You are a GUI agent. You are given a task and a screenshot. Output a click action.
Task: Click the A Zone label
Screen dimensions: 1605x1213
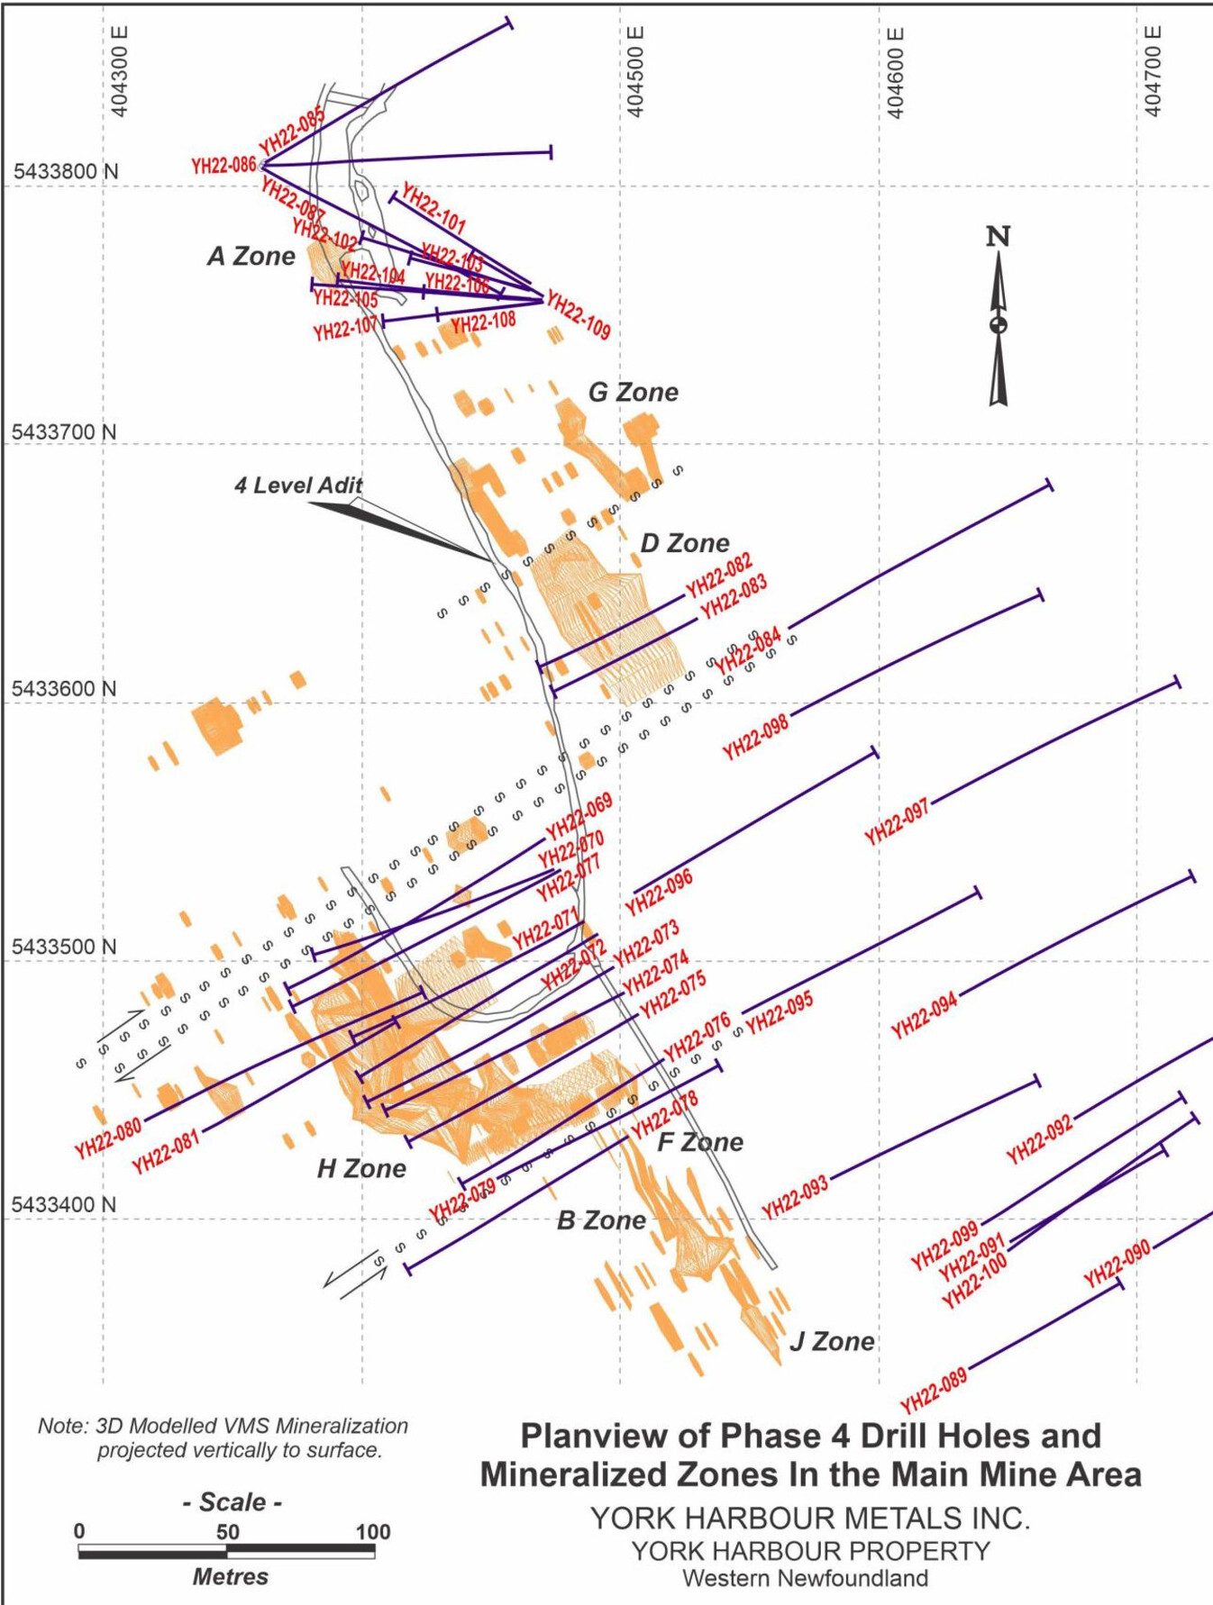point(251,257)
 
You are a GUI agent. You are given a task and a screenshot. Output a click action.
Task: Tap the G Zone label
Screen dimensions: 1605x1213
point(634,393)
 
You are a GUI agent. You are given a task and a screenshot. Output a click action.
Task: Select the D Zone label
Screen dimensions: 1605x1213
point(685,544)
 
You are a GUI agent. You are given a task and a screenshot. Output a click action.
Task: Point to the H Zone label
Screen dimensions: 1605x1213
point(361,1169)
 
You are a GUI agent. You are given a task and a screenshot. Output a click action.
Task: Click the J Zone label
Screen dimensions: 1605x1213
point(832,1342)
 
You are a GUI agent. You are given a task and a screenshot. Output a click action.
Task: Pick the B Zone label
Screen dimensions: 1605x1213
point(601,1220)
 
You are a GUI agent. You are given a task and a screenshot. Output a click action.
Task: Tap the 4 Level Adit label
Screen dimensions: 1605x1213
point(298,485)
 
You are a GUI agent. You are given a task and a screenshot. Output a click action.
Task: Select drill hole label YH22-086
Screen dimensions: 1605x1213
point(223,166)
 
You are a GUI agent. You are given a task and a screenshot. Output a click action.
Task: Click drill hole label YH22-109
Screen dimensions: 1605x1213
point(579,316)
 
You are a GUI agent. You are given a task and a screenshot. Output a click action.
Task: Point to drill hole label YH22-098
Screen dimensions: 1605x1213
point(755,737)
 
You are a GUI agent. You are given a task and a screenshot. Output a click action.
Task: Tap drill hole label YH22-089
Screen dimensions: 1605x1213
point(934,1390)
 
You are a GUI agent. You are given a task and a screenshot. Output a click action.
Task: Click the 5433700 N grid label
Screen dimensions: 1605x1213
point(64,432)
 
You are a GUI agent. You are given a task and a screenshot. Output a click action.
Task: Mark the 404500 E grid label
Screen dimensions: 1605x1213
point(635,72)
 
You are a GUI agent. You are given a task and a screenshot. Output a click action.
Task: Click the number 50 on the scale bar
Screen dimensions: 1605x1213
point(227,1532)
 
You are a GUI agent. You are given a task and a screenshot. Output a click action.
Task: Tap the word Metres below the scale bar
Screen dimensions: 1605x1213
point(230,1576)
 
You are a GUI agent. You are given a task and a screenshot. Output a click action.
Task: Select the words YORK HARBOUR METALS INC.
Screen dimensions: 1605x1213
point(809,1518)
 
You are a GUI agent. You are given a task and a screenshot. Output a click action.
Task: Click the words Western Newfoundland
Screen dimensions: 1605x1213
point(805,1578)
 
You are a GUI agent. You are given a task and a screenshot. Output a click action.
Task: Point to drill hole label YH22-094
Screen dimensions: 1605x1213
point(924,1016)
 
